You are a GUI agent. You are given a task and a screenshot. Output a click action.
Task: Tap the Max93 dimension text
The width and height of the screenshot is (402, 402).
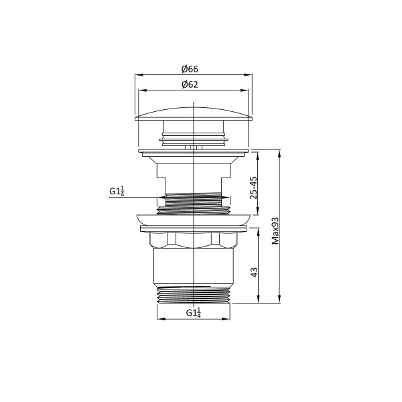pos(275,231)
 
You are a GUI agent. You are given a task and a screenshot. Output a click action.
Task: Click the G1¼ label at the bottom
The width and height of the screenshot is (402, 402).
pos(193,312)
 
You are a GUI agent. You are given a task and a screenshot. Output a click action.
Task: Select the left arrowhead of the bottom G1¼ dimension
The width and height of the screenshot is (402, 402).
pos(159,318)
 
